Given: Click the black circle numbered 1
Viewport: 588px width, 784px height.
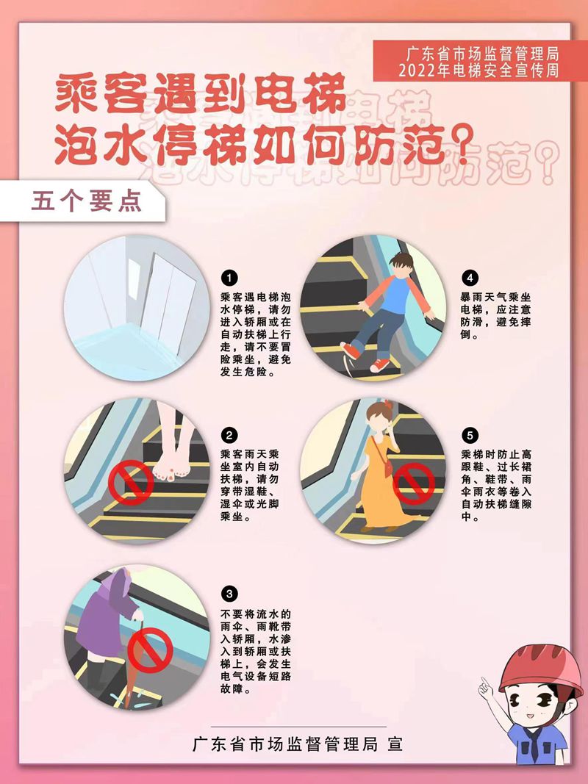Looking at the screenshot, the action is coord(229,278).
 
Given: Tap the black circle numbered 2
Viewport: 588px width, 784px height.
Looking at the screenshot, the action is coord(229,436).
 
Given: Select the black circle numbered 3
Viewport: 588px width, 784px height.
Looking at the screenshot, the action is coord(229,594).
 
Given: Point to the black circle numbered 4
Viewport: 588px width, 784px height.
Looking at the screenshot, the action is coord(470,278).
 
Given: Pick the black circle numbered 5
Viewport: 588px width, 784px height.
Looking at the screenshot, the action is coord(470,436).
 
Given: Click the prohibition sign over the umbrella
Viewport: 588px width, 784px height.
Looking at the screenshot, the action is coord(150,651).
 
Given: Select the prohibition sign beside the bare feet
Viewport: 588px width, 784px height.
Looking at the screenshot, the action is coord(131,483).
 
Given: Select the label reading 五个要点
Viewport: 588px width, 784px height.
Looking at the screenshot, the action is coord(87,201).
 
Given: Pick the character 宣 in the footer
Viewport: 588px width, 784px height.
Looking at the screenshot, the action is coord(395,744).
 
